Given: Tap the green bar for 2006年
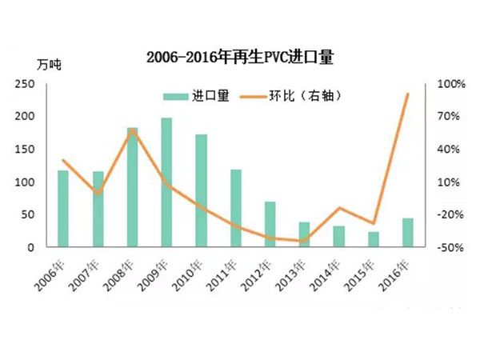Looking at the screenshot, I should click(x=63, y=209).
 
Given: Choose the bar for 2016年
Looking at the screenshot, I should click(x=408, y=232).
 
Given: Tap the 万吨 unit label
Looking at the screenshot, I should click(x=49, y=64).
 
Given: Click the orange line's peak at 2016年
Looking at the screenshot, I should click(x=408, y=94).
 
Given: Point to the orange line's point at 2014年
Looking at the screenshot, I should click(x=339, y=208).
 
